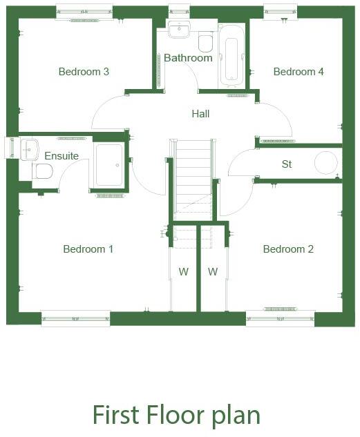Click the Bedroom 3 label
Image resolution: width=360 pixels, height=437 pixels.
point(84,71)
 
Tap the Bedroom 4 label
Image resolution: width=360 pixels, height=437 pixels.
point(299,71)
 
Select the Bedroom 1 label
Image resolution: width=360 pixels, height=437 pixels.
point(88,249)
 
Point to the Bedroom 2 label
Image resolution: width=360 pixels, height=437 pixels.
point(288,249)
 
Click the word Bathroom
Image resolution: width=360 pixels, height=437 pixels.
point(188,58)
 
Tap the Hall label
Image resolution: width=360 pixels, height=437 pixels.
point(200,114)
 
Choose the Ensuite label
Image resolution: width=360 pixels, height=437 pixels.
point(61,156)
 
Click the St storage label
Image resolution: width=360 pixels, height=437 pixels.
point(287,164)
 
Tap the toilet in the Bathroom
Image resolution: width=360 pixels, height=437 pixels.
point(205,43)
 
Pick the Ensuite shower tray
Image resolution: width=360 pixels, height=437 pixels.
point(109,165)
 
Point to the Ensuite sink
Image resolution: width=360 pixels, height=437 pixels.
point(30,148)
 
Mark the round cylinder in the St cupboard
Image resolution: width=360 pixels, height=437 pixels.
point(325,163)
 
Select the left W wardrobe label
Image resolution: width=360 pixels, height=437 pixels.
point(184,272)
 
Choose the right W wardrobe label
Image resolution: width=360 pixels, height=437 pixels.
point(213,272)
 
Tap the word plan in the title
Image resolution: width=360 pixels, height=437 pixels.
point(236,416)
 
